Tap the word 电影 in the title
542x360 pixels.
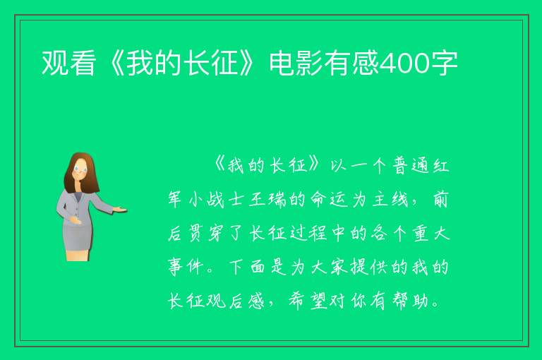tap(296, 63)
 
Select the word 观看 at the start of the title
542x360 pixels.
tap(68, 63)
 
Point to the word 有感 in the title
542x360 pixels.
tap(352, 63)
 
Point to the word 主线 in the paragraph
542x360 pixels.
tap(390, 200)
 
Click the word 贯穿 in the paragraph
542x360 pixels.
tap(205, 234)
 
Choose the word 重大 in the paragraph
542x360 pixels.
tap(430, 234)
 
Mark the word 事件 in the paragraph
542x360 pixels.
tap(186, 267)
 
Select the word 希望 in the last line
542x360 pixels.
tap(308, 301)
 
